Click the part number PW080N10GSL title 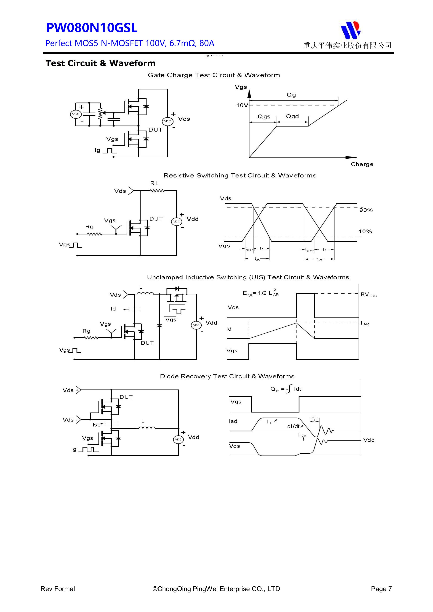pos(92,28)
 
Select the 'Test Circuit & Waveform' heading pos(100,64)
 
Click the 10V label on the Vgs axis pos(242,105)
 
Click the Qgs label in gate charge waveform pos(264,117)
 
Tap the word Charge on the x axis pos(362,164)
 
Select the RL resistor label pos(154,183)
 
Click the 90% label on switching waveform pos(366,210)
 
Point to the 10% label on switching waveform pos(365,231)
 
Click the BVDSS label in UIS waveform pos(368,294)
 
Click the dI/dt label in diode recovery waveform pos(293,426)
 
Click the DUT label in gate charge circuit pos(155,130)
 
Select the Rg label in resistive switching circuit pos(89,227)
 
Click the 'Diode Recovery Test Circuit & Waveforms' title pos(227,376)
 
